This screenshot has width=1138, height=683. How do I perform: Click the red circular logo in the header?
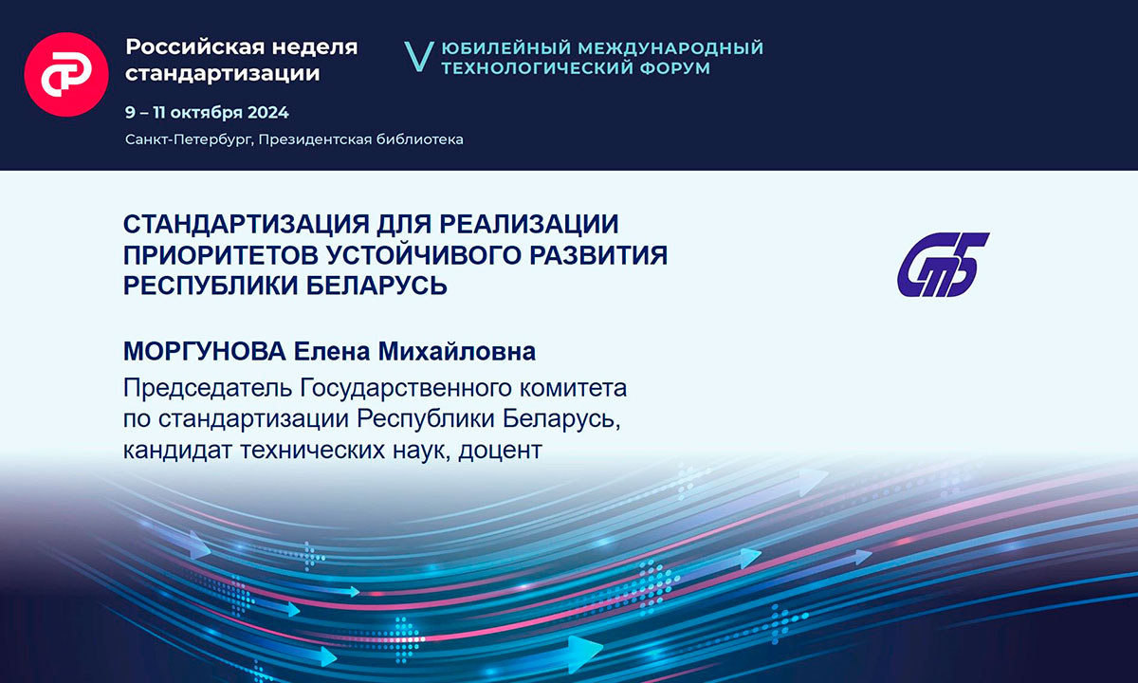(x=66, y=74)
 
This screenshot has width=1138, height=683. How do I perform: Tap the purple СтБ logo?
(x=943, y=265)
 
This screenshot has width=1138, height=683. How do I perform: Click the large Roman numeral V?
(x=419, y=56)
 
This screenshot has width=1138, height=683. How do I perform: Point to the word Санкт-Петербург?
(x=189, y=139)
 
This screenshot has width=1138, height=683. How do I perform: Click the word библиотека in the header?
(x=419, y=139)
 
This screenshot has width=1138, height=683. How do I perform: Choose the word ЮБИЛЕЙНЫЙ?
(x=505, y=47)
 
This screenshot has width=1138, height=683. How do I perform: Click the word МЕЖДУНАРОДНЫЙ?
(x=670, y=47)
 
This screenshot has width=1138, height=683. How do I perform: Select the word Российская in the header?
(x=195, y=47)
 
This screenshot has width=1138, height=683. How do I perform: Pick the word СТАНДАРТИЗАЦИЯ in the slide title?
(x=246, y=224)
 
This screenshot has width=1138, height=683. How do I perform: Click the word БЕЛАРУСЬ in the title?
(x=376, y=286)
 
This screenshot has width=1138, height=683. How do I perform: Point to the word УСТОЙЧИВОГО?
(x=424, y=254)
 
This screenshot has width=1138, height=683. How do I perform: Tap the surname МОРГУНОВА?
(x=205, y=351)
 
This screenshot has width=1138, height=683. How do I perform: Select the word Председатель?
(x=208, y=388)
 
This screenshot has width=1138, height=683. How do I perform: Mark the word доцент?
(x=501, y=451)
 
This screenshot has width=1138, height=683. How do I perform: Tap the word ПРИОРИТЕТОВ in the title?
(x=221, y=254)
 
